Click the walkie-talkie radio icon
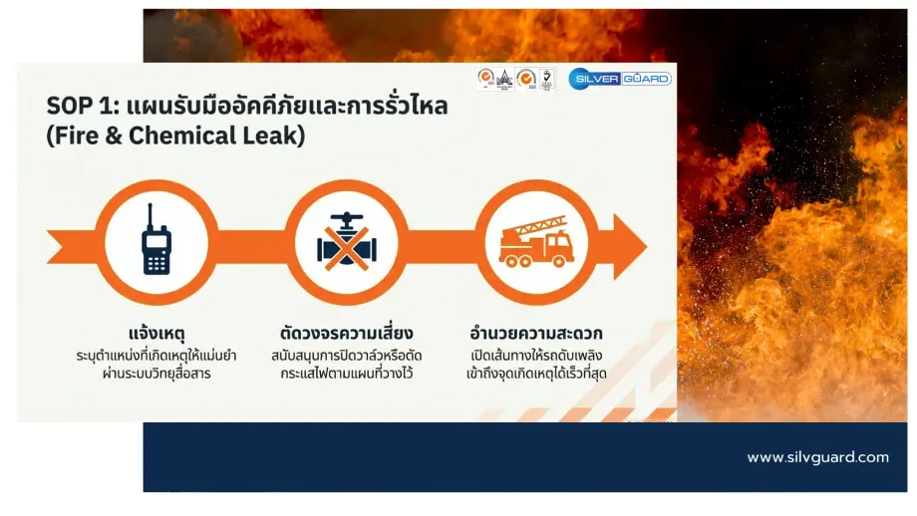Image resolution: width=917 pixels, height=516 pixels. click(155, 242)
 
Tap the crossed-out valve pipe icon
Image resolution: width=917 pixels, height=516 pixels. click(347, 242)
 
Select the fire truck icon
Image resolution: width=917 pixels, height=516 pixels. click(537, 244)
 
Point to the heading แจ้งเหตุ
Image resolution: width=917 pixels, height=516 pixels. click(155, 333)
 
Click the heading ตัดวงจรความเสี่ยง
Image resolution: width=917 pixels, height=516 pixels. click(347, 333)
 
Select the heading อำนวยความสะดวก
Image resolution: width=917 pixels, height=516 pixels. click(537, 333)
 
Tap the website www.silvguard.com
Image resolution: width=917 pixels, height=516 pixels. click(817, 457)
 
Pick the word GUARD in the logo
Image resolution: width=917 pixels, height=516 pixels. click(647, 79)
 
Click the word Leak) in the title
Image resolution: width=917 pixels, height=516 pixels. click(272, 135)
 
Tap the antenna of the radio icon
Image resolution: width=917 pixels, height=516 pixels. click(151, 216)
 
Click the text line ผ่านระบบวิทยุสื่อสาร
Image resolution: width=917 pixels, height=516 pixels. click(156, 374)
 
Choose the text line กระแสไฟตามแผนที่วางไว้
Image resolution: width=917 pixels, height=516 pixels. click(347, 374)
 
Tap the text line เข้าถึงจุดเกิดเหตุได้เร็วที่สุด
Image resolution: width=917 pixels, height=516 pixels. click(538, 374)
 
